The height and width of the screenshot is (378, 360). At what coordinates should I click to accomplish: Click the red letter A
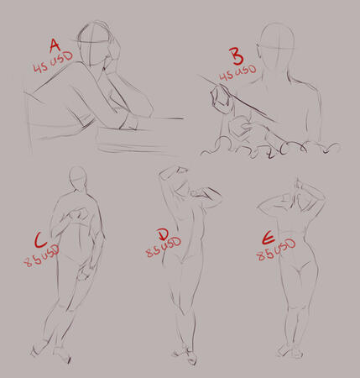(55, 46)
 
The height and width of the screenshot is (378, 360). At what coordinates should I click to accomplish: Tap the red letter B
(237, 56)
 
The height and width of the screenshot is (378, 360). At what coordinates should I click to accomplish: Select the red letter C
(41, 240)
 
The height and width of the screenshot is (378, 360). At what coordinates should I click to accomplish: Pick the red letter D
(163, 234)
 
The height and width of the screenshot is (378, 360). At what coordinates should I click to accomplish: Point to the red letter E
(269, 239)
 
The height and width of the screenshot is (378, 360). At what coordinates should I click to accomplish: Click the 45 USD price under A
(53, 62)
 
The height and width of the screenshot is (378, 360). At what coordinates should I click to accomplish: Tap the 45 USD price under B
(237, 73)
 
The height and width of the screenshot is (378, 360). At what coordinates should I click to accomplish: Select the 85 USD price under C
(42, 256)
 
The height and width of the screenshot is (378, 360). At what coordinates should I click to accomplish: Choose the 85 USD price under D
(164, 248)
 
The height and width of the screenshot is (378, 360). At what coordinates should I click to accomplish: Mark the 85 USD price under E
(276, 249)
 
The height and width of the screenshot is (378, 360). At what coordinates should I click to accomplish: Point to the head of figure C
(78, 177)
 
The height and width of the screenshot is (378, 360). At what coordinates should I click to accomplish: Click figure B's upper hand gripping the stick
(221, 98)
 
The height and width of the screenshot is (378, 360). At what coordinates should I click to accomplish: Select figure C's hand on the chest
(77, 215)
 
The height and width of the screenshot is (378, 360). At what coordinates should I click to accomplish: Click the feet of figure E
(290, 351)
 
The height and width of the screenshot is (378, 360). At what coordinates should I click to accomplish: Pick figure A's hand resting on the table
(128, 121)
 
